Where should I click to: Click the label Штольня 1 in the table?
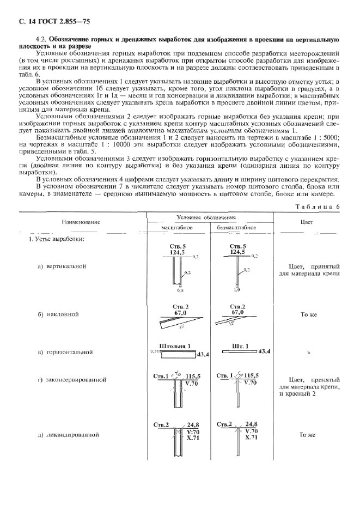174,345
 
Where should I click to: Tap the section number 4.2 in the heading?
40,40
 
